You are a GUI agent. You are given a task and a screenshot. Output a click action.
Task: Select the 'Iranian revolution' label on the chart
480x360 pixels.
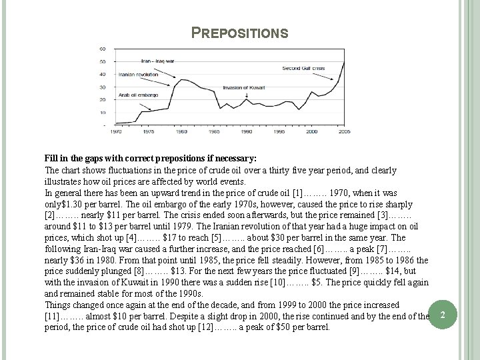[137, 74]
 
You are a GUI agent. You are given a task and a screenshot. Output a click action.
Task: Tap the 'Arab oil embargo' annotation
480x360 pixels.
[138, 95]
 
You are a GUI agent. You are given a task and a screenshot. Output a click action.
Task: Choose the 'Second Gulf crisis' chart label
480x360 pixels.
[303, 68]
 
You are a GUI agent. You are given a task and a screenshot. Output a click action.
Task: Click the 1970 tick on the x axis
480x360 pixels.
[116, 132]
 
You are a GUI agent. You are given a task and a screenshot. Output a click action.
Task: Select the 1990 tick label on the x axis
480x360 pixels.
[246, 132]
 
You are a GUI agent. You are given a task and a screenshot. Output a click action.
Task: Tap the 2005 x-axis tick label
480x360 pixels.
[343, 132]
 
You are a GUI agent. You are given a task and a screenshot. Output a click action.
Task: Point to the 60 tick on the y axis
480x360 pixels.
[102, 49]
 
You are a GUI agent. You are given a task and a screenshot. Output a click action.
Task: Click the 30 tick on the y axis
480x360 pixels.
[102, 86]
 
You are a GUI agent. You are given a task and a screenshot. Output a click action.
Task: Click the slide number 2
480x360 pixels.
[453, 313]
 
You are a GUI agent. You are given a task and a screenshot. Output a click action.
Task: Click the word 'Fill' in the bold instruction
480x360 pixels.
[52, 158]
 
